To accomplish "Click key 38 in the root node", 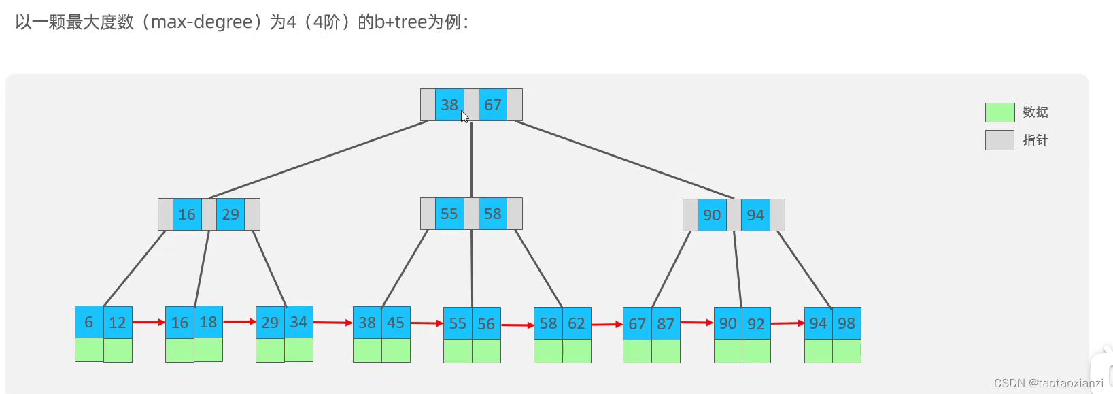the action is coord(449,105).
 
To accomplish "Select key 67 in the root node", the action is coord(493,105).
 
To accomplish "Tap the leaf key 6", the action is coord(89,323).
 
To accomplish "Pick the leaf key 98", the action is coord(846,323).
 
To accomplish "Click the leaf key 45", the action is coord(396,323).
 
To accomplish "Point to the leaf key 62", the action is coord(577,323).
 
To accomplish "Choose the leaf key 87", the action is coord(666,324).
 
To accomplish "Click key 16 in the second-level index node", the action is coord(188,214).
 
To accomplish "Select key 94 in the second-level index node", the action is coord(756,215).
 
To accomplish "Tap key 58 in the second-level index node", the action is coord(493,214).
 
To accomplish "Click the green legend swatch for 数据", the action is coord(999,112).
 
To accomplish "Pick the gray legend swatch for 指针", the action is coord(999,140).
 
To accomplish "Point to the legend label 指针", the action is coord(1035,140).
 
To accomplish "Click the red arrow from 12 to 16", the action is coord(149,323).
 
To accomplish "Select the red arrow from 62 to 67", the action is coord(607,325).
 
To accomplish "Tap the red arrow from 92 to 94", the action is coord(787,323).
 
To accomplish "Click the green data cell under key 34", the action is coord(298,350).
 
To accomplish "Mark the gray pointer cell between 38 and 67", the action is coord(472,105).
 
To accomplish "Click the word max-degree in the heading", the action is coord(202,22).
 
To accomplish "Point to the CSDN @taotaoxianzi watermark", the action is coord(1048,383).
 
